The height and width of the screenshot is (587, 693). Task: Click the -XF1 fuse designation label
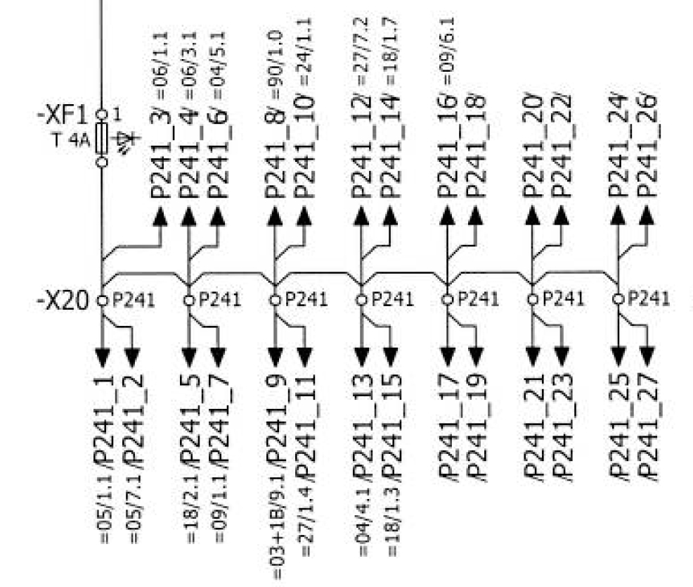pyautogui.click(x=64, y=116)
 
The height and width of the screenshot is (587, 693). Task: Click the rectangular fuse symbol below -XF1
pyautogui.click(x=103, y=137)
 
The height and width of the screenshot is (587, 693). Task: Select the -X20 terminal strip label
pyautogui.click(x=62, y=301)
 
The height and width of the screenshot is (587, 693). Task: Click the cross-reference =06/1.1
pyautogui.click(x=160, y=50)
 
